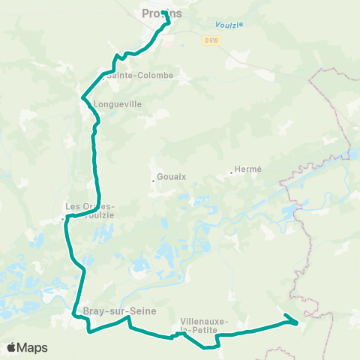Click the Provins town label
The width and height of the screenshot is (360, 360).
click(x=161, y=13)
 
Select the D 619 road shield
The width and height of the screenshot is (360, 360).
click(x=211, y=41)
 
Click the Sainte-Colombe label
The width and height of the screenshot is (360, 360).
click(x=139, y=76)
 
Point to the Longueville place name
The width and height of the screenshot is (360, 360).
click(x=117, y=105)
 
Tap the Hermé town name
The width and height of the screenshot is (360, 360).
click(x=248, y=169)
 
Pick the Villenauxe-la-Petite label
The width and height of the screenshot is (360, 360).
click(x=204, y=325)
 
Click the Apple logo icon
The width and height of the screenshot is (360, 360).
click(x=12, y=347)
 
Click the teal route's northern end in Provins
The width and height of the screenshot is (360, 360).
click(x=163, y=12)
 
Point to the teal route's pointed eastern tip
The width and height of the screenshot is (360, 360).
click(x=298, y=323)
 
